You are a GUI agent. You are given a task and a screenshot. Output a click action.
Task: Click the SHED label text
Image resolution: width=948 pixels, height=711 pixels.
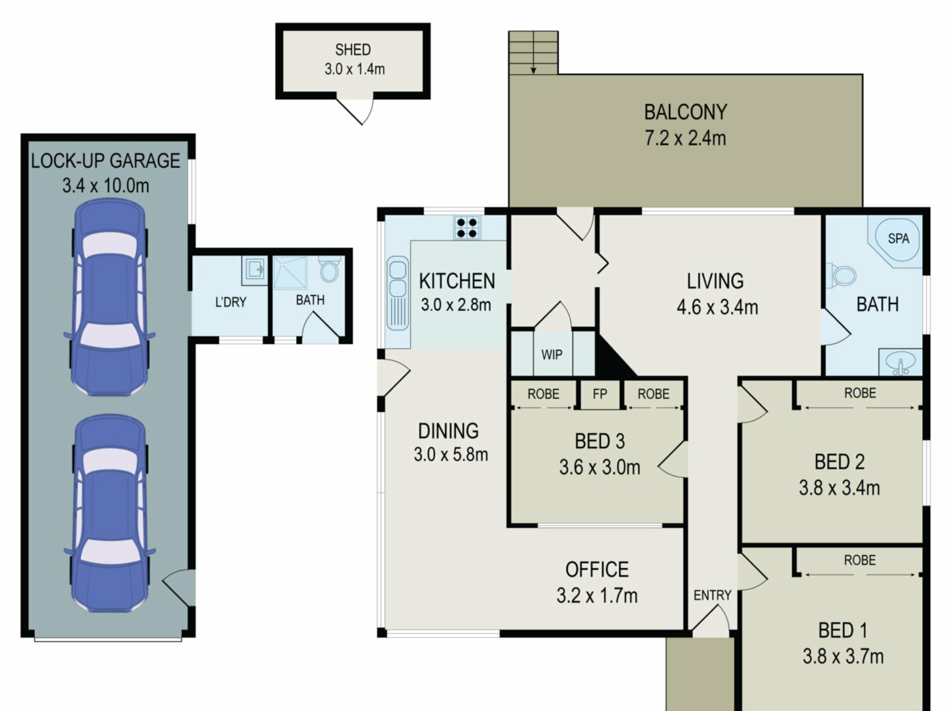(x=353, y=50)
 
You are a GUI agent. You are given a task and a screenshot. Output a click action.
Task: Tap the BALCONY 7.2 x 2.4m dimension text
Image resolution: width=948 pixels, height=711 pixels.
(x=685, y=138)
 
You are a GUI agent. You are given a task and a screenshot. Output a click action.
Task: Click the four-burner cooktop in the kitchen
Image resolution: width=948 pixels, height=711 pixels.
(x=467, y=228)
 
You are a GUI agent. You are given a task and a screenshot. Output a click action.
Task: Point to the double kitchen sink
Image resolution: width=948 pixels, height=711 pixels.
(x=397, y=293)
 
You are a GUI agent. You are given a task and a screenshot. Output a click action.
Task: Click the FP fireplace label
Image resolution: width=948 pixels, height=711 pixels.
(x=599, y=394)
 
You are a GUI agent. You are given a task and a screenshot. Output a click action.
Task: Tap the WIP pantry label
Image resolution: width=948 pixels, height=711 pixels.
(x=552, y=355)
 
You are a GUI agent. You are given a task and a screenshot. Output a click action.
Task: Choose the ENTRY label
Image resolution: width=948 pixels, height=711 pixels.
(x=712, y=595)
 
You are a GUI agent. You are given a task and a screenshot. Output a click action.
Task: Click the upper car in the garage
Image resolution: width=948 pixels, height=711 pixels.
(x=109, y=297)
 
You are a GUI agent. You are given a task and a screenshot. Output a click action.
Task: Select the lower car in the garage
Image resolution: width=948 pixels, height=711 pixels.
(x=109, y=513)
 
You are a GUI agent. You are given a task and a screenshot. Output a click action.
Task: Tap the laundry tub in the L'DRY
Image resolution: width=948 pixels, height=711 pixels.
(x=254, y=270)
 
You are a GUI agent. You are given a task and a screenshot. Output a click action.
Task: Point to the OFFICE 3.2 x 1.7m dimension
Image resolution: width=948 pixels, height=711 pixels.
(x=597, y=596)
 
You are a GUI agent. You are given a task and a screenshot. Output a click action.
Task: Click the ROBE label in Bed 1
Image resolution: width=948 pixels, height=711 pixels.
(x=860, y=560)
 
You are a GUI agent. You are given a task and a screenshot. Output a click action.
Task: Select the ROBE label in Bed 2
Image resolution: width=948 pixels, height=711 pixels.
(x=860, y=393)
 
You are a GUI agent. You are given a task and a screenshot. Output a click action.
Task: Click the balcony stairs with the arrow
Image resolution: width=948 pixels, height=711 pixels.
(x=533, y=53)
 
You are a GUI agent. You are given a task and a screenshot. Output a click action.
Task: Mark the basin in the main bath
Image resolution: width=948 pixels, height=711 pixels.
(x=900, y=362)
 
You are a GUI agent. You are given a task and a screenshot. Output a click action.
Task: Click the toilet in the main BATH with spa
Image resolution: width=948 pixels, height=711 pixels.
(x=842, y=276)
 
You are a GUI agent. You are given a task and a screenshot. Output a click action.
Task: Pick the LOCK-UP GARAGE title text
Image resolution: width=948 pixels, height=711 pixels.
(x=106, y=161)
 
